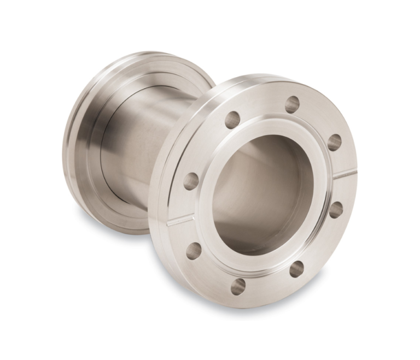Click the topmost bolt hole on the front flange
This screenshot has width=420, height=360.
pos(293,104)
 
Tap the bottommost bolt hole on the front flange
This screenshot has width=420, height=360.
pos(238,286)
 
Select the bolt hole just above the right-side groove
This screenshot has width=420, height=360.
pos(335,142)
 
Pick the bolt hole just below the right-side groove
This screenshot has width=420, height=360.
pos(336,209)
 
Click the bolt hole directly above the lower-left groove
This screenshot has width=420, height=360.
pos(191,181)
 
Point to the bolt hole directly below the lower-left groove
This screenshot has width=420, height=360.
pos(194,251)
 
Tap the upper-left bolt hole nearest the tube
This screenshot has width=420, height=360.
pos(232,120)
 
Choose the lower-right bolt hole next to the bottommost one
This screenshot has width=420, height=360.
pos(296,269)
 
